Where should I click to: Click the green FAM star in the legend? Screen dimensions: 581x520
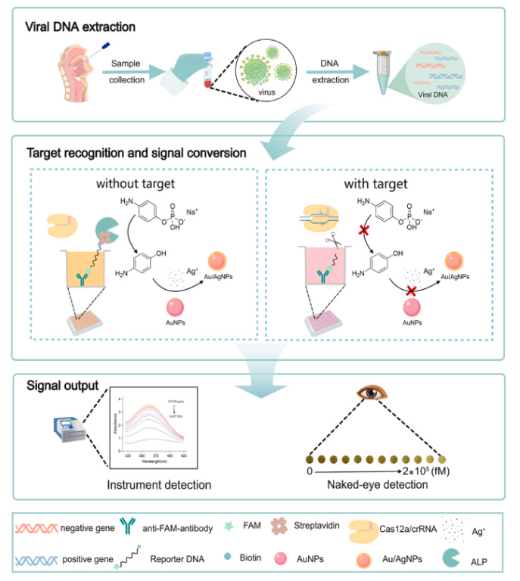(x=229, y=524)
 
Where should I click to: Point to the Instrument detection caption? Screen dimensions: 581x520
(x=157, y=483)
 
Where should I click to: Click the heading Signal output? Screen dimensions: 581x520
(x=61, y=385)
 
